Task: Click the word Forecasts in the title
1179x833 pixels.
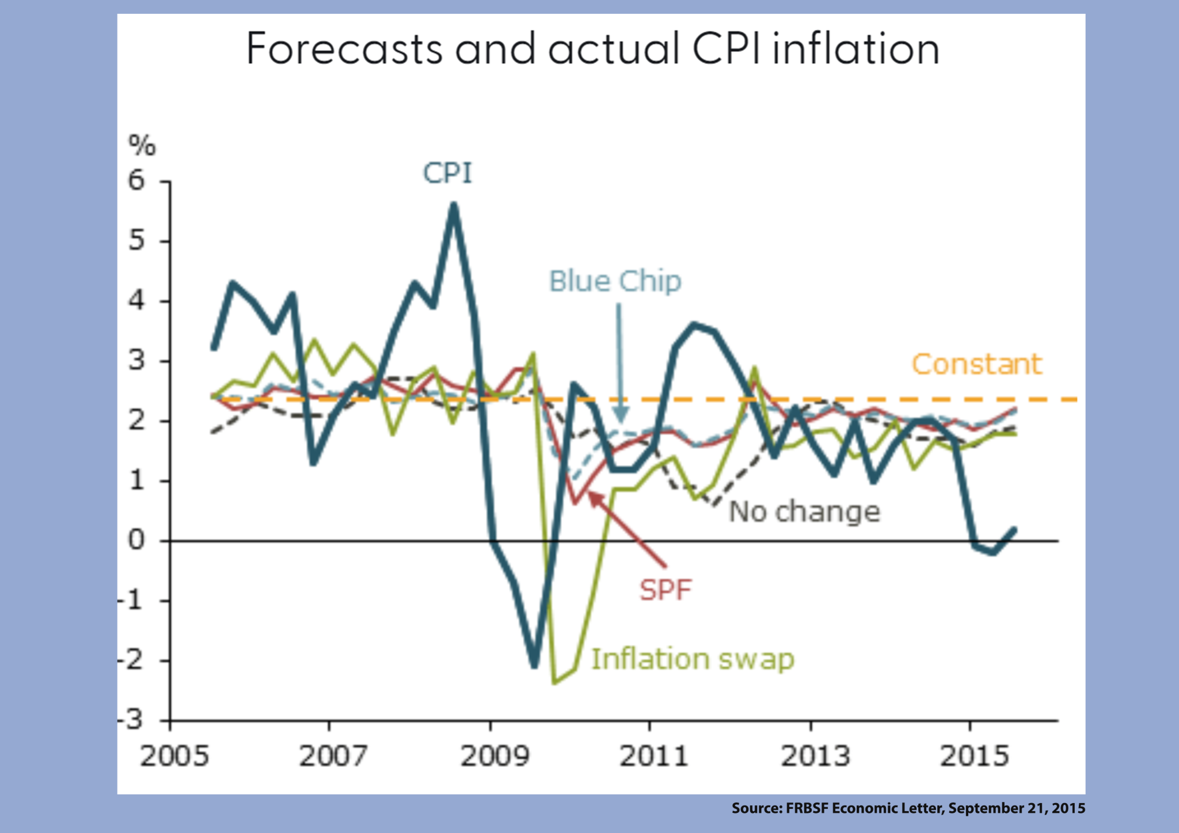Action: point(344,49)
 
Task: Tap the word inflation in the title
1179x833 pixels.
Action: point(856,49)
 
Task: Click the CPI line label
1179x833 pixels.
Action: point(447,173)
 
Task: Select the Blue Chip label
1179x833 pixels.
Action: point(615,282)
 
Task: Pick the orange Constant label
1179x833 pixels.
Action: point(977,364)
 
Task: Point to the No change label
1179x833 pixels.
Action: point(804,511)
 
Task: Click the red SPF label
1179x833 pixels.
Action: point(665,590)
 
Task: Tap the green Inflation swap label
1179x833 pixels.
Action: point(693,659)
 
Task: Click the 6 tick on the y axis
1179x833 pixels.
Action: point(136,181)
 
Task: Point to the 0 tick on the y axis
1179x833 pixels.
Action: point(136,540)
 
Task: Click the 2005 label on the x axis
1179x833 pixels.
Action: point(174,756)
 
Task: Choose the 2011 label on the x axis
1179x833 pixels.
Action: point(653,756)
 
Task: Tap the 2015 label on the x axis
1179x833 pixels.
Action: point(974,756)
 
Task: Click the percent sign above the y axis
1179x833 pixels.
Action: point(142,145)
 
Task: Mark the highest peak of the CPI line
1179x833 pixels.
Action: point(454,205)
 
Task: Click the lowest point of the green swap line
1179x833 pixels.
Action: point(554,682)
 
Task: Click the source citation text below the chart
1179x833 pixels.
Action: point(908,808)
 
